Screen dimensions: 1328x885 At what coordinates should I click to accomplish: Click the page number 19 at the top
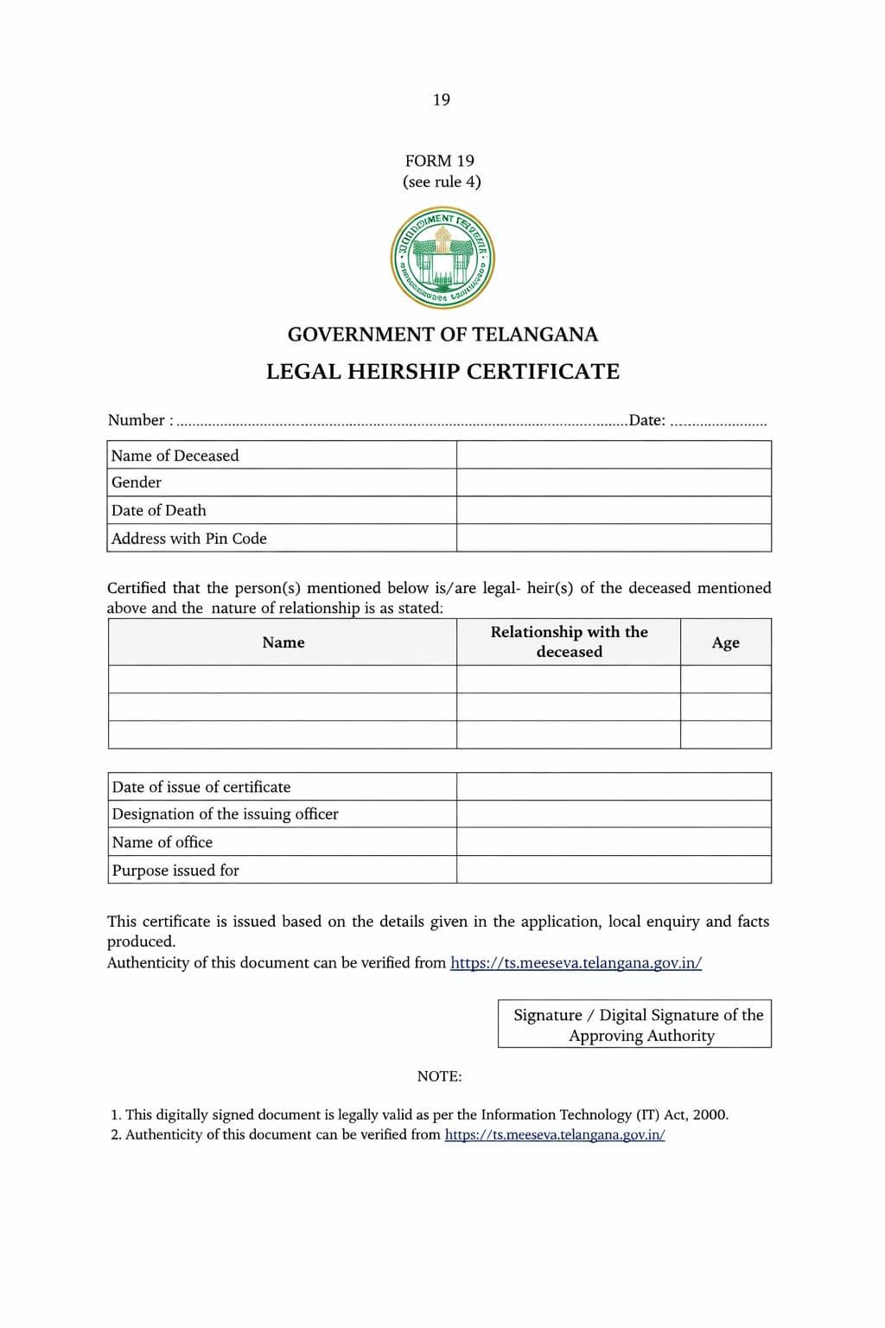coord(442,99)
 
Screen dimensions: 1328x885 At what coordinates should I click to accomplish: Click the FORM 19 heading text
coord(440,161)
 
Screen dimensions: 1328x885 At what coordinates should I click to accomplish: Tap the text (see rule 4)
coord(442,182)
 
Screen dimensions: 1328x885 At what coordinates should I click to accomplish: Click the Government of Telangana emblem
coord(442,258)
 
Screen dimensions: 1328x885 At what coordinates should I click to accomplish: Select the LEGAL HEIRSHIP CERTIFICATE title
coord(442,372)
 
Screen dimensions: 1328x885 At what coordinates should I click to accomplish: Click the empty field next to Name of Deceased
coord(614,455)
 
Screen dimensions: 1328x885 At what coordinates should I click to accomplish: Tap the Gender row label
coord(137,482)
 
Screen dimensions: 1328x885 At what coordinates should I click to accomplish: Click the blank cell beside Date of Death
coord(614,510)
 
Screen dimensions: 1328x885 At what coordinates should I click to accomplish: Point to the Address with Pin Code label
coord(189,539)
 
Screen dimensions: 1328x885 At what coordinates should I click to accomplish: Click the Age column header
coord(725,642)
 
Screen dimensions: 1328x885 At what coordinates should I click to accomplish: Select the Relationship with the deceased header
coord(569,642)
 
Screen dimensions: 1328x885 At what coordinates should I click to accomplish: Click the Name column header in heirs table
coord(283,642)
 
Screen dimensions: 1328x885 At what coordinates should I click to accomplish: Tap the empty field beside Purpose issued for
coord(614,870)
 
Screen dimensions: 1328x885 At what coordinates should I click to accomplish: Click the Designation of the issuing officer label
coord(226,814)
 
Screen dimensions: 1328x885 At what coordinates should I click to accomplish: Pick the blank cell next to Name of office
coord(614,842)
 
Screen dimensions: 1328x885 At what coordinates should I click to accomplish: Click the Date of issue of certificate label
coord(201,787)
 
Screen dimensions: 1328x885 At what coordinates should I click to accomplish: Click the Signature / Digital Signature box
coord(635,1025)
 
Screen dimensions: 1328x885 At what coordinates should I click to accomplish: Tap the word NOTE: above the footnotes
coord(439,1076)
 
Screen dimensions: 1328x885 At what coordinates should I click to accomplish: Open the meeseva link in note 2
coord(555,1135)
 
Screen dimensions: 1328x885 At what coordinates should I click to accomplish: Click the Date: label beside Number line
coord(646,421)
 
